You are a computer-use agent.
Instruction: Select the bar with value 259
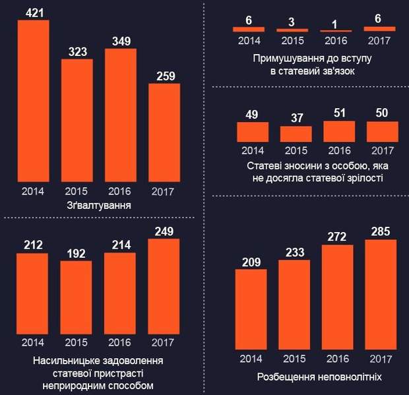(164, 132)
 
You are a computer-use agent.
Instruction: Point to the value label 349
(121, 41)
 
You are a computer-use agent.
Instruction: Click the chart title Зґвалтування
(98, 206)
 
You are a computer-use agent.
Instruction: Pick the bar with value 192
(77, 297)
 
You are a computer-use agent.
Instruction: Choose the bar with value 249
(164, 286)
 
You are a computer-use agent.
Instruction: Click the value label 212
(32, 245)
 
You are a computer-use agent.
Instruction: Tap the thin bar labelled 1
(336, 31)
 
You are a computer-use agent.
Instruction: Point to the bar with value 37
(296, 134)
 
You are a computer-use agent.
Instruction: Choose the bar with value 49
(252, 132)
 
